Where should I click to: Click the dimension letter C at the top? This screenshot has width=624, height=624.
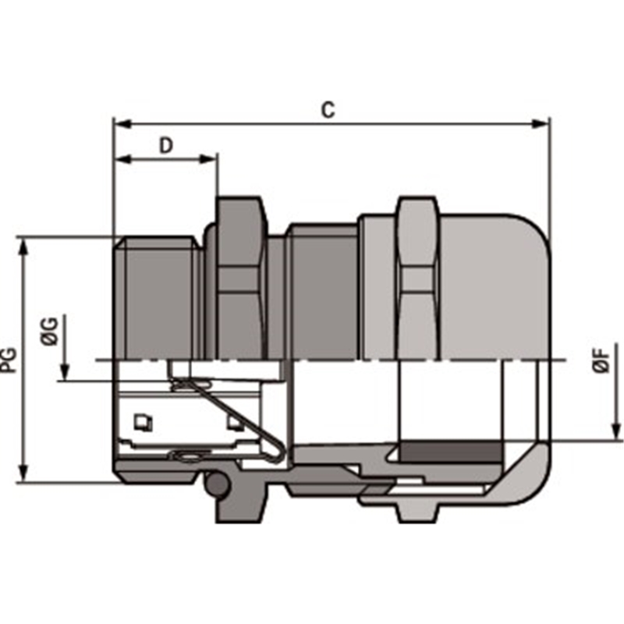tap(328, 110)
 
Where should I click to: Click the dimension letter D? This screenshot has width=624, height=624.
tap(166, 146)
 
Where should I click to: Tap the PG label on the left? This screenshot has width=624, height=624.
tap(9, 360)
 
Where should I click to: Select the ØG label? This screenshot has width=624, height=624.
tap(50, 331)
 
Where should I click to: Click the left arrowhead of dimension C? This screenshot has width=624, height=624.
tap(122, 124)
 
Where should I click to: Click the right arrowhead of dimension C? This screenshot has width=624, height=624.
tap(541, 124)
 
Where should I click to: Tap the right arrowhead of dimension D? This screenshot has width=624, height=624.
tap(208, 159)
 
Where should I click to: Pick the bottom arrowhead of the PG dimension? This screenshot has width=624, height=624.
tap(24, 473)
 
